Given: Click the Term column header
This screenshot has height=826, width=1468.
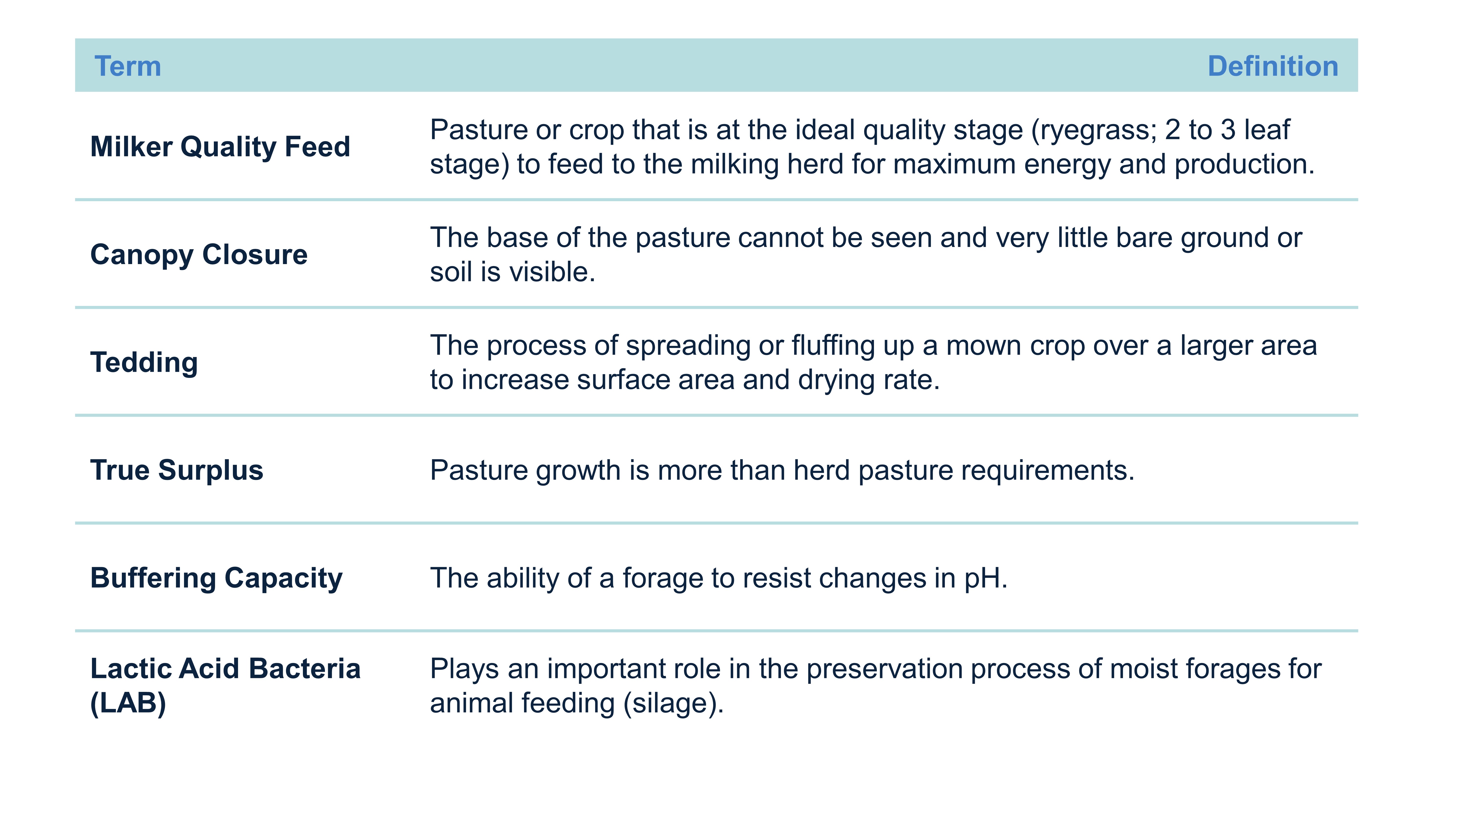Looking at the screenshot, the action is (128, 66).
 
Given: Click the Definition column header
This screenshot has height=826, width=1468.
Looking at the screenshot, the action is (1273, 66).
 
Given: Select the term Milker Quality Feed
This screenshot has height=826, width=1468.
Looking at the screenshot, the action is (220, 147).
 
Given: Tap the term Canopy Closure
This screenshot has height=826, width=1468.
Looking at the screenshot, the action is (199, 255).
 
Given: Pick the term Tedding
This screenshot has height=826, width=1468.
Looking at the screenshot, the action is (144, 362).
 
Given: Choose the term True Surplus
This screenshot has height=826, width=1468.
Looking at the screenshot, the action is (177, 470).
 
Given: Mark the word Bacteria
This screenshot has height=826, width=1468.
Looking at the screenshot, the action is (305, 669).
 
